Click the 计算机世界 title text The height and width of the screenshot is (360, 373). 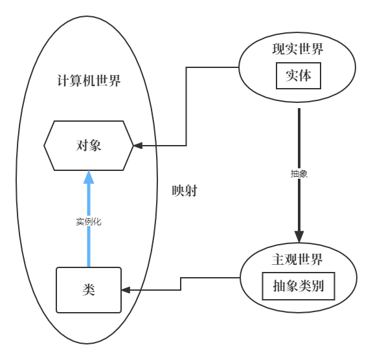pos(89,80)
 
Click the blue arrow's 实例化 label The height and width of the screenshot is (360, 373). pos(89,222)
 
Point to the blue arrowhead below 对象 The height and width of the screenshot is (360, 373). pos(89,177)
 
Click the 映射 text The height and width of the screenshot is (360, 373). pos(185,191)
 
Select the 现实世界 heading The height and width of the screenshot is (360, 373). pos(298,49)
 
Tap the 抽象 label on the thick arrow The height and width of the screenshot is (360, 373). pos(299,174)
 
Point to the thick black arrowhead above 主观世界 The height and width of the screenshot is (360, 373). pos(299,236)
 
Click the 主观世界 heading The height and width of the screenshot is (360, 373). pos(297,259)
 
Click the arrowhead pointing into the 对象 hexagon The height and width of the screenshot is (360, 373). pos(138,146)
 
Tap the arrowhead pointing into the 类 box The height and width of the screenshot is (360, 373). pos(126,290)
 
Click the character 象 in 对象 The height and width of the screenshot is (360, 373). pos(95,146)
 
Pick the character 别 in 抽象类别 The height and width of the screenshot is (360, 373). pos(317,286)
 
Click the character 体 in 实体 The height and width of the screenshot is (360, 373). pos(305,76)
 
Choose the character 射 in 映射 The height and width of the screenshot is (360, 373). pos(191,191)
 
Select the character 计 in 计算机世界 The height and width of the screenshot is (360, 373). pos(63,80)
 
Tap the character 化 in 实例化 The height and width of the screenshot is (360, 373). pos(97,222)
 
